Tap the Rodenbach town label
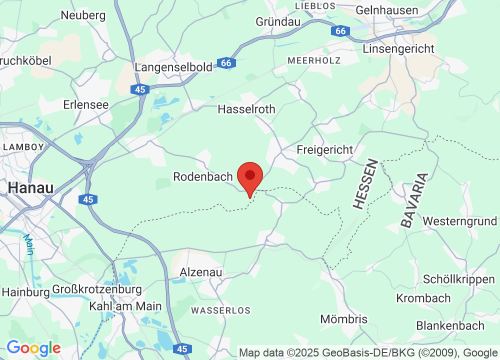click(203, 176)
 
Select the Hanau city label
click(30, 187)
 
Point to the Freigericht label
click(324, 149)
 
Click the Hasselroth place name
click(246, 109)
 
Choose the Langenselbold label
click(174, 67)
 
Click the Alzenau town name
click(201, 272)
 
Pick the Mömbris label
click(343, 319)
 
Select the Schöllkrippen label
click(459, 279)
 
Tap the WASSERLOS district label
click(220, 310)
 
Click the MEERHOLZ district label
click(314, 60)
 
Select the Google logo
click(33, 347)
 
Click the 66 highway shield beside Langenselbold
click(226, 63)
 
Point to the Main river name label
click(28, 244)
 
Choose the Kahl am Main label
click(125, 306)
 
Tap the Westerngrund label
click(459, 221)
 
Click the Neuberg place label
click(83, 15)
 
